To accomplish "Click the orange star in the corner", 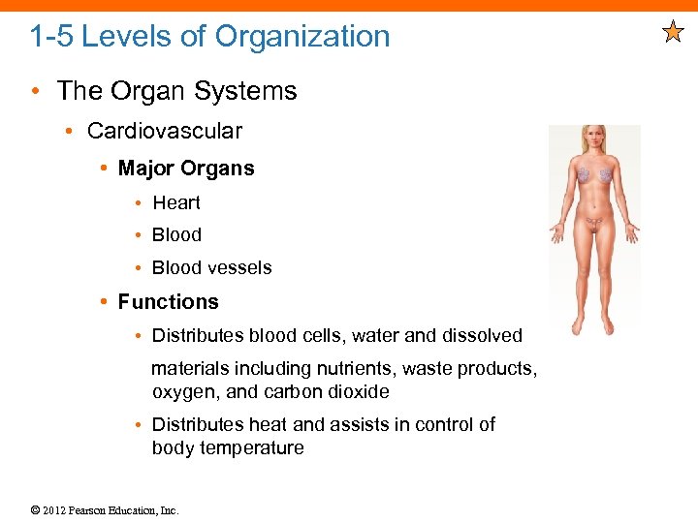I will click(x=673, y=33).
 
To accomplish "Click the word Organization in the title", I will click(x=302, y=37).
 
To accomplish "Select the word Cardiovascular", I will click(x=165, y=131).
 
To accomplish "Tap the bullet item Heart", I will click(x=176, y=202).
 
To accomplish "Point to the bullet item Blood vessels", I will click(x=211, y=267).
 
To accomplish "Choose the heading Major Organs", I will click(x=186, y=169).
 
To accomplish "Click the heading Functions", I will click(x=169, y=302).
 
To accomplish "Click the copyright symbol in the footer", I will click(x=35, y=510).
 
